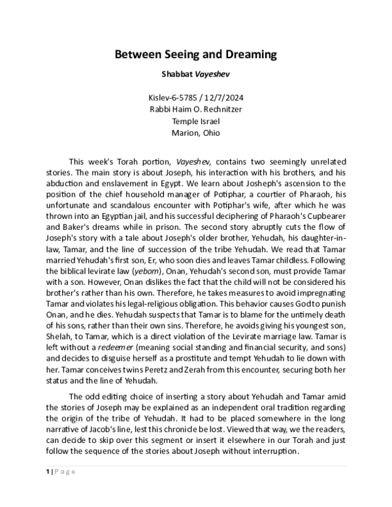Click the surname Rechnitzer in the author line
pos(220,109)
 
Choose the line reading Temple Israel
pos(196,121)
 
